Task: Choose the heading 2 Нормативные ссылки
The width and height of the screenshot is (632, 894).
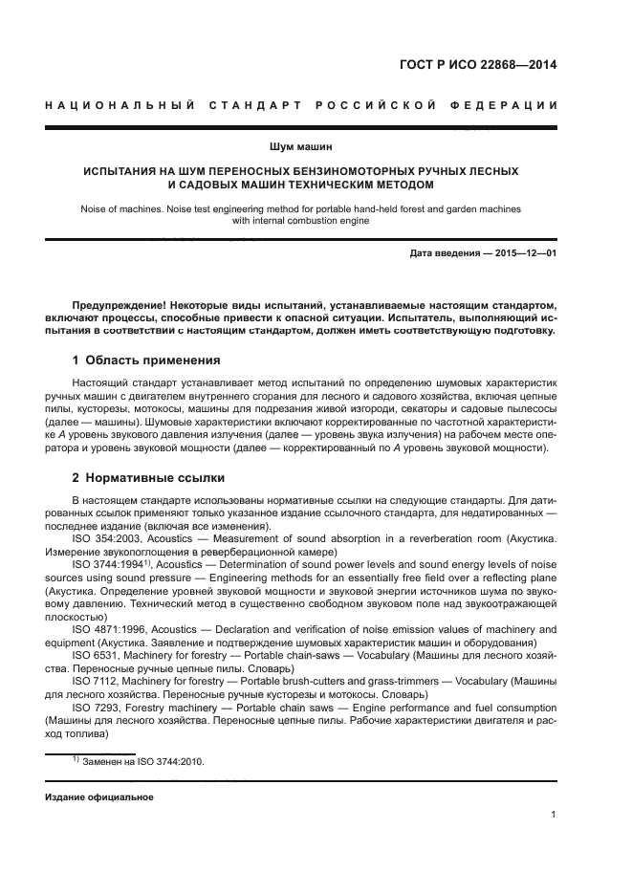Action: [148, 476]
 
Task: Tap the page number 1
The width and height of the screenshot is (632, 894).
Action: [554, 815]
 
